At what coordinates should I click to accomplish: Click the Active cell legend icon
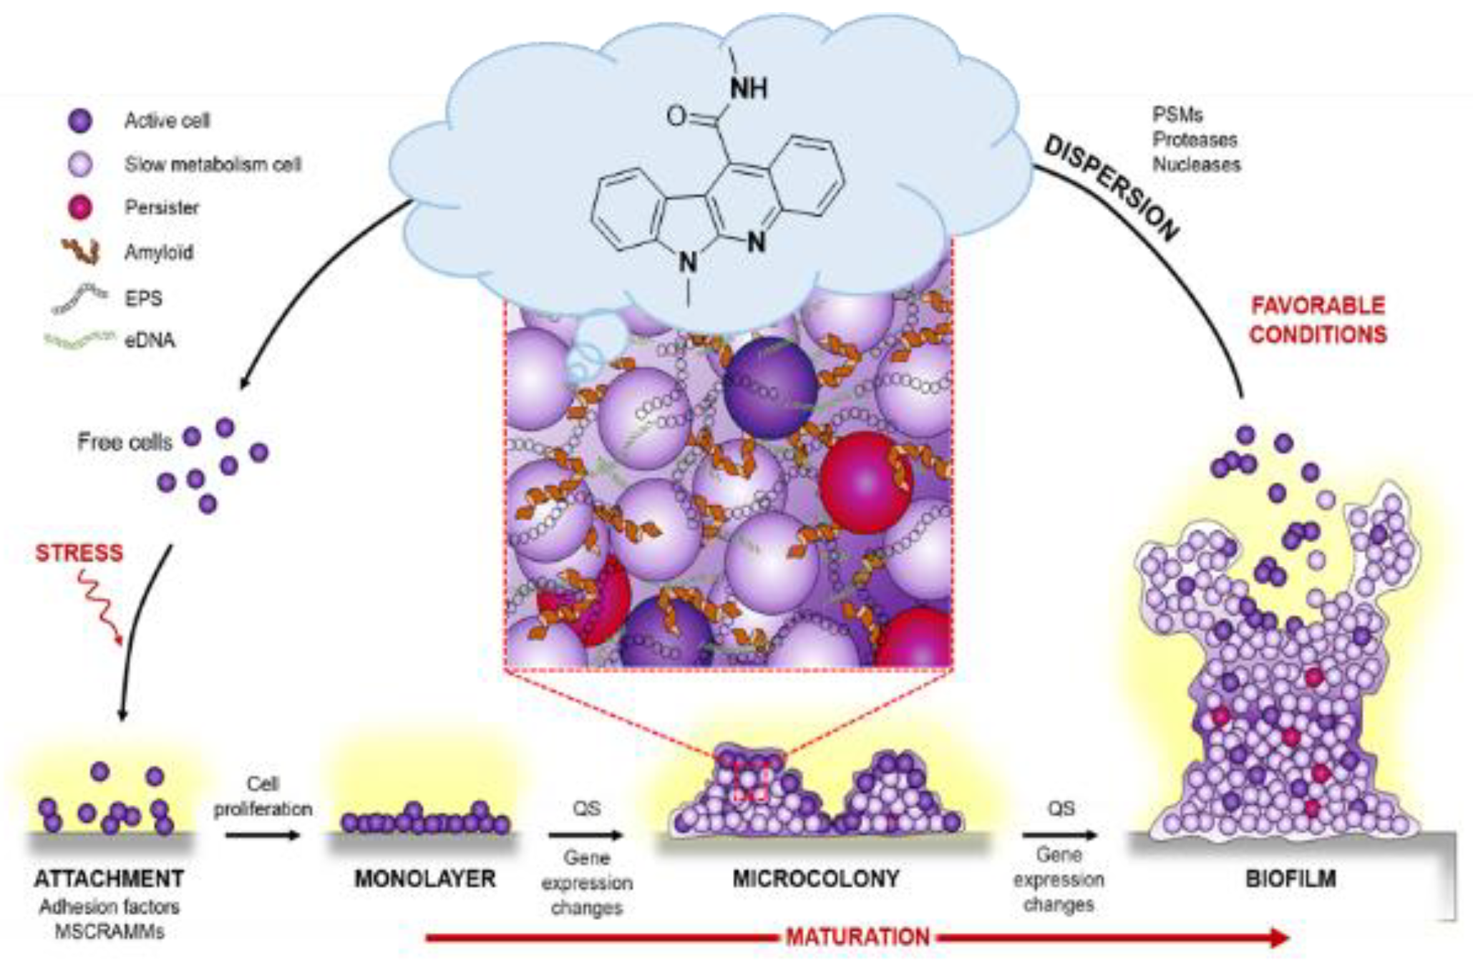80,120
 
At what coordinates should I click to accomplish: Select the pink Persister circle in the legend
80,207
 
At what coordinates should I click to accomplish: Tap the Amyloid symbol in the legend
80,251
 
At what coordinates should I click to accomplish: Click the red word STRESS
79,552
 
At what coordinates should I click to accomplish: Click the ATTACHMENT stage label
110,879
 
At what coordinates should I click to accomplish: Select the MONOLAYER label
425,879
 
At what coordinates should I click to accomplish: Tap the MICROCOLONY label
816,879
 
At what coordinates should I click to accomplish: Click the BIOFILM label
1290,879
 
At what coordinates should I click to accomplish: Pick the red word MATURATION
857,937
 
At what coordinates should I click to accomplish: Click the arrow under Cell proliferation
263,835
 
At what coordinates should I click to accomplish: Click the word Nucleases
1196,165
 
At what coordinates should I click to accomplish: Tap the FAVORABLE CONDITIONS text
1318,320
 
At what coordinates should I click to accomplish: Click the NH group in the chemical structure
749,89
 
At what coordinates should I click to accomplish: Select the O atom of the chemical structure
676,116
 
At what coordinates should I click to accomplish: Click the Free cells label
125,442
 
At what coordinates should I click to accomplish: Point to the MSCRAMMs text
110,932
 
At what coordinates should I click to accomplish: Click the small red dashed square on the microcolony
751,783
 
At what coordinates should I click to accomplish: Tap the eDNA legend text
150,340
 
